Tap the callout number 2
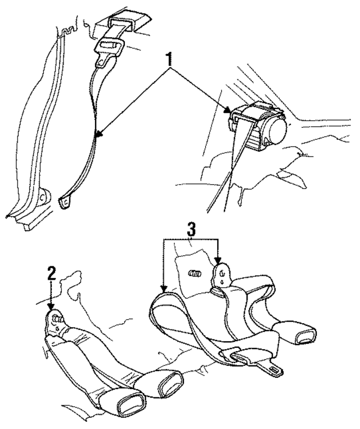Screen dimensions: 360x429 click(51, 273)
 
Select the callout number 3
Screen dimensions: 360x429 click(191, 229)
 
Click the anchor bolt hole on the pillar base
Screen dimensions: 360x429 click(42, 197)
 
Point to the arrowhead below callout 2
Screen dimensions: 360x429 click(51, 306)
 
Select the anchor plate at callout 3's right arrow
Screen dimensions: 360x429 click(222, 275)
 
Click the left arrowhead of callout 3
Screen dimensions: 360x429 click(164, 289)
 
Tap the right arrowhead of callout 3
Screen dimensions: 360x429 click(218, 261)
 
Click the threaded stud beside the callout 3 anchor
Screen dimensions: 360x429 click(195, 273)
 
